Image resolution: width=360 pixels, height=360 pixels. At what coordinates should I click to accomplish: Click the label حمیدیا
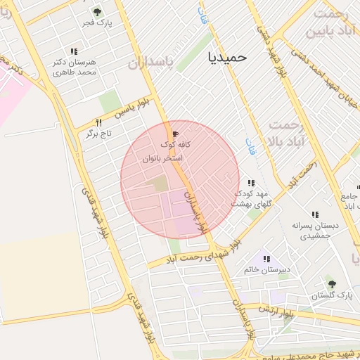point(228,58)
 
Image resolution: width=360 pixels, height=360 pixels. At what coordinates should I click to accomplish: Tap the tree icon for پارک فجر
point(97,12)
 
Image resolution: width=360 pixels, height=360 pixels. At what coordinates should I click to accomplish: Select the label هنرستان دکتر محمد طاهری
point(74,67)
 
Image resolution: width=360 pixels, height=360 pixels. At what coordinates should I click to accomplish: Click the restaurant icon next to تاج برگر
point(98,122)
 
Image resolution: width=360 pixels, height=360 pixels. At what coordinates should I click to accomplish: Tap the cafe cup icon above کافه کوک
point(175,133)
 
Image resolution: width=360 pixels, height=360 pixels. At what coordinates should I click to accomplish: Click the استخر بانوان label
point(162,159)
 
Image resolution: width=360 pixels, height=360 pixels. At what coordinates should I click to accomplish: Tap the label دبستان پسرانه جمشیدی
point(315,231)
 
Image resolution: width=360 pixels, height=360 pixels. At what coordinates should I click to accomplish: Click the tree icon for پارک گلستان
point(332,284)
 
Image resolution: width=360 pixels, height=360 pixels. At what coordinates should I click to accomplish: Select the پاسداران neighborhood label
point(149,63)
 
